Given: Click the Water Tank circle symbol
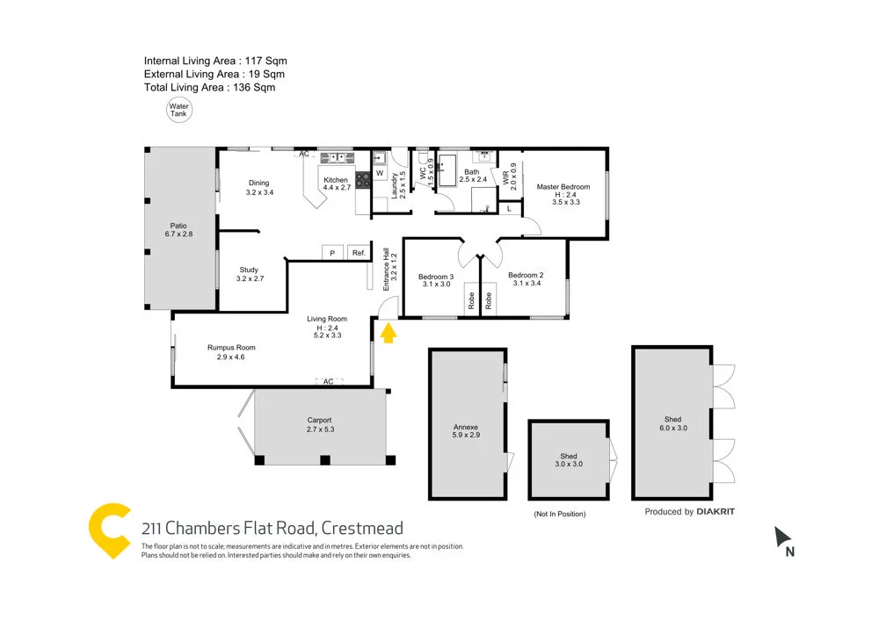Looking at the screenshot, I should click(178, 110).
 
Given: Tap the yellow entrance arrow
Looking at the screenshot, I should click(387, 331).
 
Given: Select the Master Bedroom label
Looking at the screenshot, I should click(563, 187).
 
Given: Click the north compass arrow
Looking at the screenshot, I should click(781, 536).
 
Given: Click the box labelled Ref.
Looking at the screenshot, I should click(359, 253).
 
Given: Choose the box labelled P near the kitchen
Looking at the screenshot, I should click(332, 253).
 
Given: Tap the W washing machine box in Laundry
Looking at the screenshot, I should click(380, 174).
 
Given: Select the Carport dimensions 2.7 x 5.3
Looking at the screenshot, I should click(320, 429).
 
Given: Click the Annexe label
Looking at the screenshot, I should click(466, 426).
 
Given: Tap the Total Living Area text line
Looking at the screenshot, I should click(210, 88).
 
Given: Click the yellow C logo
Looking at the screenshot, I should click(111, 530).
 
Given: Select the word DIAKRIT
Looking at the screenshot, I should click(716, 511).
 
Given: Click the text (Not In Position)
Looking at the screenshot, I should click(559, 514).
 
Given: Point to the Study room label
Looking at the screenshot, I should click(249, 270).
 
